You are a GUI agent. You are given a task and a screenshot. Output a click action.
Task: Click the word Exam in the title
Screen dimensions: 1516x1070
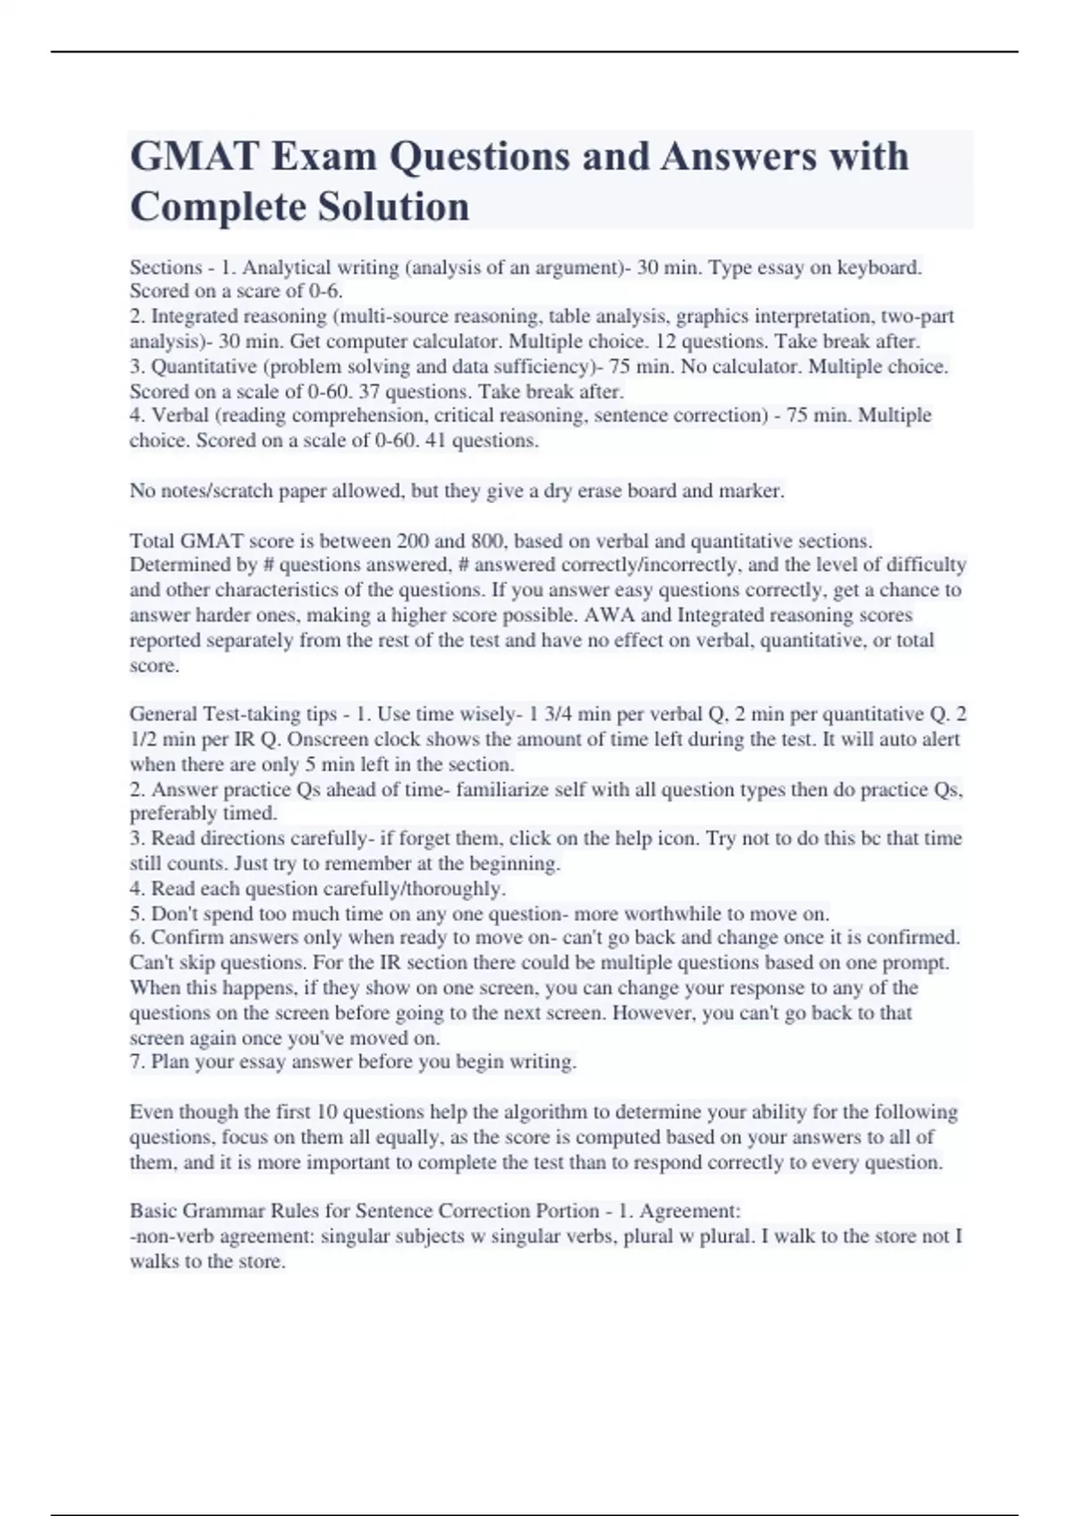pyautogui.click(x=324, y=157)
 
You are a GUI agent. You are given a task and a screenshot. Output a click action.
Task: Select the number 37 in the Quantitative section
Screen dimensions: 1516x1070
pyautogui.click(x=369, y=391)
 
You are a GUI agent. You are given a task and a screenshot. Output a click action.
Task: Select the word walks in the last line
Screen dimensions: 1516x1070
pyautogui.click(x=154, y=1262)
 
